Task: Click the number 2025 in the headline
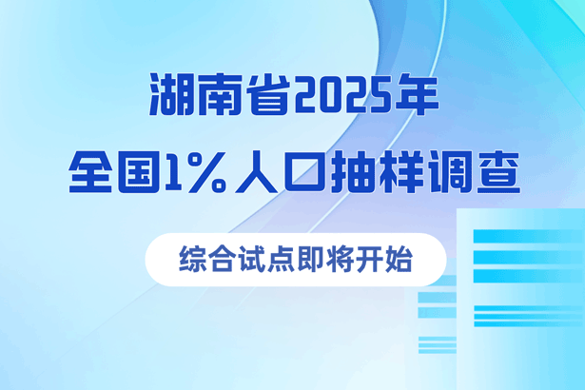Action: coord(343,95)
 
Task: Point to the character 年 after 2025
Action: coord(418,94)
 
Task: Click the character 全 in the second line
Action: coord(90,171)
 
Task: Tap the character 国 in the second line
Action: coord(139,171)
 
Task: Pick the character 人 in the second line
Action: coord(256,171)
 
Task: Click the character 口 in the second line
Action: coord(304,172)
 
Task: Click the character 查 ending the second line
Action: coord(498,171)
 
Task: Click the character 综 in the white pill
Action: coord(192,259)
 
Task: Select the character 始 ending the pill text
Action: coord(399,259)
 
